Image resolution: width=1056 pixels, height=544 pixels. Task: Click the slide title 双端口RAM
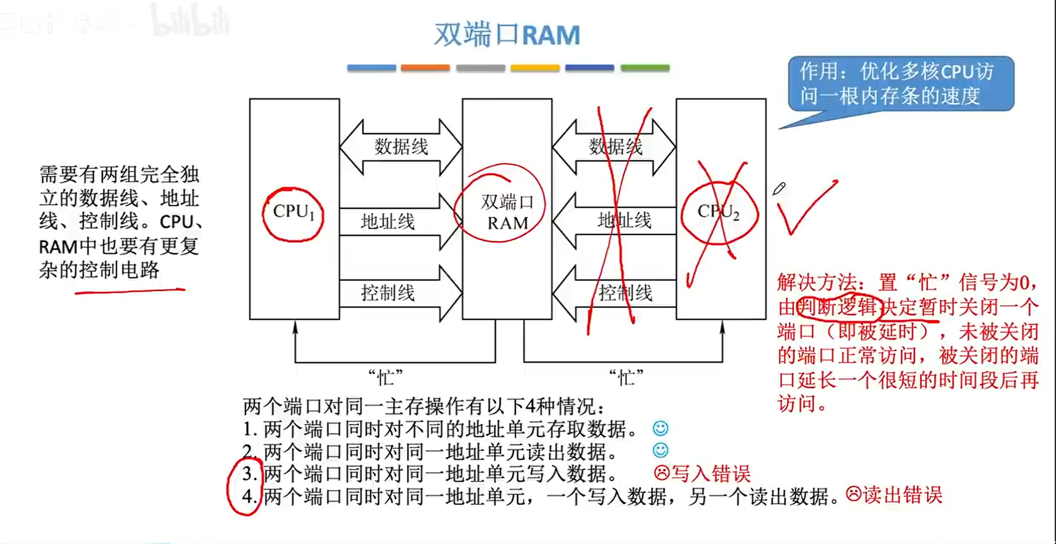[507, 35]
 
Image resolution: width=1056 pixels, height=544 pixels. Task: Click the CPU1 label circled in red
[293, 212]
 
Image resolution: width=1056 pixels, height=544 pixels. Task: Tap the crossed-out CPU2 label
[718, 212]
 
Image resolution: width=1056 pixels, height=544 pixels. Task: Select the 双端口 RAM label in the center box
[507, 212]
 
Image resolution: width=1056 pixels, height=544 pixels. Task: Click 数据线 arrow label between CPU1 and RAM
[401, 147]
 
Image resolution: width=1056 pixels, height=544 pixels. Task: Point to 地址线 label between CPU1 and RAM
[388, 221]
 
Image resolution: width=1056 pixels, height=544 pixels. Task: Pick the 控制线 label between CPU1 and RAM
[388, 293]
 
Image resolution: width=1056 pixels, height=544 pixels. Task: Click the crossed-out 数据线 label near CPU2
[615, 147]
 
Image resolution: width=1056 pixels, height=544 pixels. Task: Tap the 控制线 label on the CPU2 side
[626, 293]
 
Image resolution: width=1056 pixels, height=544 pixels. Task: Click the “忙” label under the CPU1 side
[386, 377]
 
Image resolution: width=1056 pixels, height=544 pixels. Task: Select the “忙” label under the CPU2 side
[627, 377]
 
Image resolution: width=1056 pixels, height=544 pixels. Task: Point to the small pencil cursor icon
[779, 189]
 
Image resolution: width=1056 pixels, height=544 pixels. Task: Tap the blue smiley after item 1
[660, 429]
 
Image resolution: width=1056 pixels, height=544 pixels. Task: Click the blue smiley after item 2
[660, 451]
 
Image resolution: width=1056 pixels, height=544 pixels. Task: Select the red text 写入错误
[710, 473]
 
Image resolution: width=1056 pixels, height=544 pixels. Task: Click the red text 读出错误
[902, 495]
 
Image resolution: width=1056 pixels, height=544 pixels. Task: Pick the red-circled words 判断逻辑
[837, 307]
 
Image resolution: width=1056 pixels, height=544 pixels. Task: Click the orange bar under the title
[425, 68]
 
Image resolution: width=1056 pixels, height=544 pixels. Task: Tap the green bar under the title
[645, 68]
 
